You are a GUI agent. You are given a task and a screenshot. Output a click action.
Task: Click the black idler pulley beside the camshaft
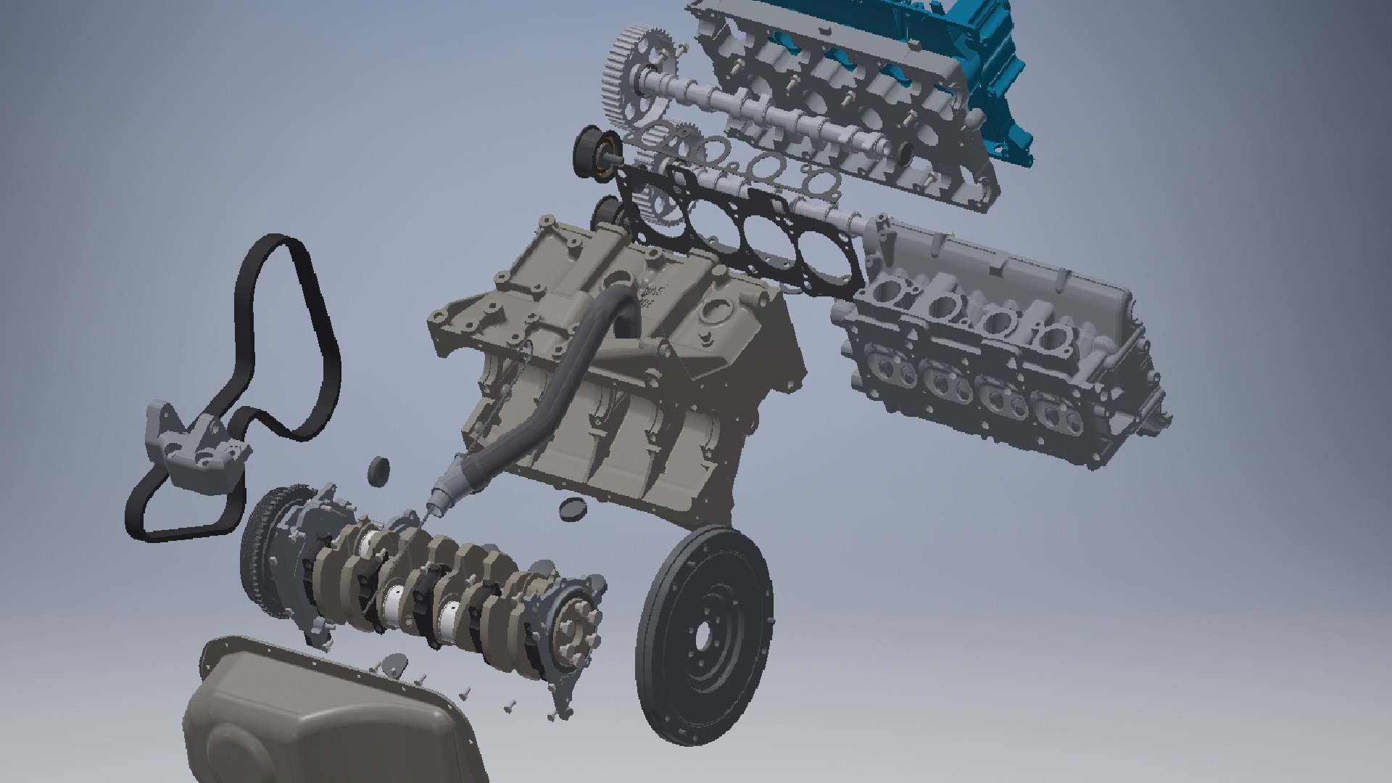(591, 152)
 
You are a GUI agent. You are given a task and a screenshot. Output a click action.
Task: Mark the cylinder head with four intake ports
(1000, 341)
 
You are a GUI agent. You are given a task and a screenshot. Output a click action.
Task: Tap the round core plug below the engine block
(573, 509)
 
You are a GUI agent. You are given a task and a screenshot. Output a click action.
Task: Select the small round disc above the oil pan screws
(396, 663)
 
